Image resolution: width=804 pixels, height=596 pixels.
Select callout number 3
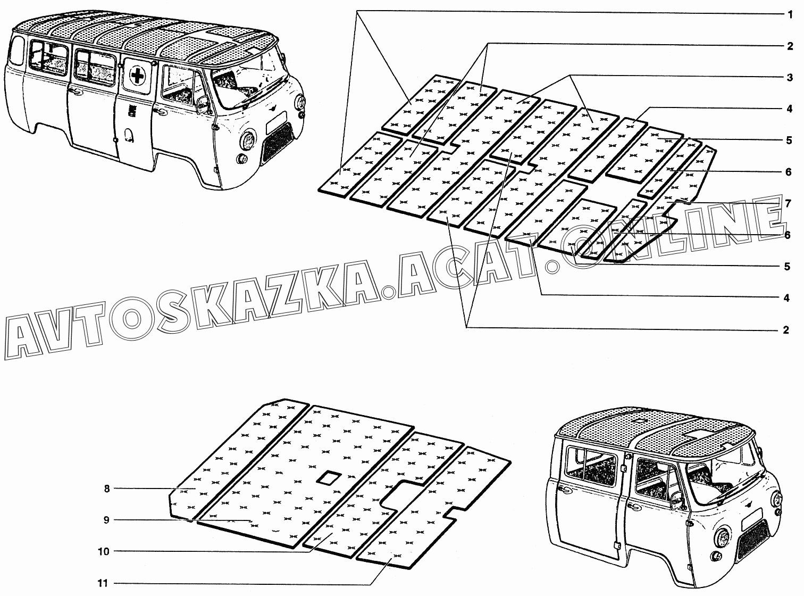pyautogui.click(x=790, y=78)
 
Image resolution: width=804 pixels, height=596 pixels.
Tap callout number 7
pyautogui.click(x=788, y=203)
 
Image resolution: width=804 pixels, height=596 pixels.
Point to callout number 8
pyautogui.click(x=106, y=489)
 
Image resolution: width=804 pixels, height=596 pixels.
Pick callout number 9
pyautogui.click(x=106, y=520)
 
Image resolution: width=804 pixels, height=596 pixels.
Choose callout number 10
pyautogui.click(x=103, y=552)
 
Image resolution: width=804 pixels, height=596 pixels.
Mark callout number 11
pyautogui.click(x=103, y=583)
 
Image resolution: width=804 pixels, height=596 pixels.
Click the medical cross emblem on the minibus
pyautogui.click(x=136, y=76)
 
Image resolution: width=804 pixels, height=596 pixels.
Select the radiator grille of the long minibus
pyautogui.click(x=277, y=142)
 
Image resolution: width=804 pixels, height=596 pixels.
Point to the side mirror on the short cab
pyautogui.click(x=676, y=501)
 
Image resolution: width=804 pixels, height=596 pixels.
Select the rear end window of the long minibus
pyautogui.click(x=16, y=52)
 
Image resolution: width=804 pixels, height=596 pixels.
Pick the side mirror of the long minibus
pyautogui.click(x=203, y=104)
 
